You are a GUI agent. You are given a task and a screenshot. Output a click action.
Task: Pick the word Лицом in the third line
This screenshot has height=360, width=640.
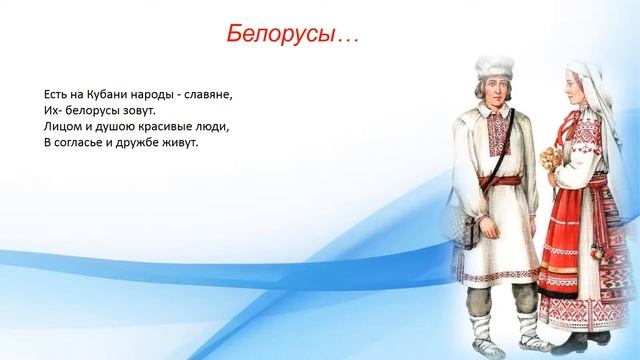point(61,127)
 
